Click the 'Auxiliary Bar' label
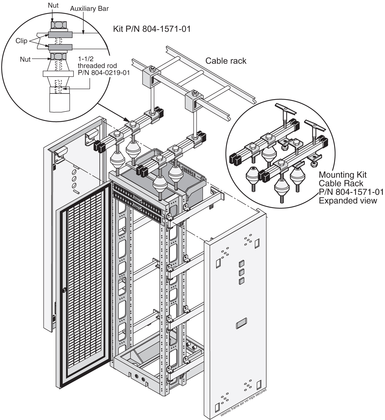point(89,9)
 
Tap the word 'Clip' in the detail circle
point(21,41)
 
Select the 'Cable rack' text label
point(226,61)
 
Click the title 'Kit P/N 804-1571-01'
point(152,29)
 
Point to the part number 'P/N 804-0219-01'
point(104,73)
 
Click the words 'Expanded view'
point(348,201)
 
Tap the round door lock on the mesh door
point(64,290)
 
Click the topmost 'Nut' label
point(53,5)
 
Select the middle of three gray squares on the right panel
point(242,272)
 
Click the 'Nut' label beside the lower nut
point(25,59)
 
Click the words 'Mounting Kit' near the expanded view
point(343,175)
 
